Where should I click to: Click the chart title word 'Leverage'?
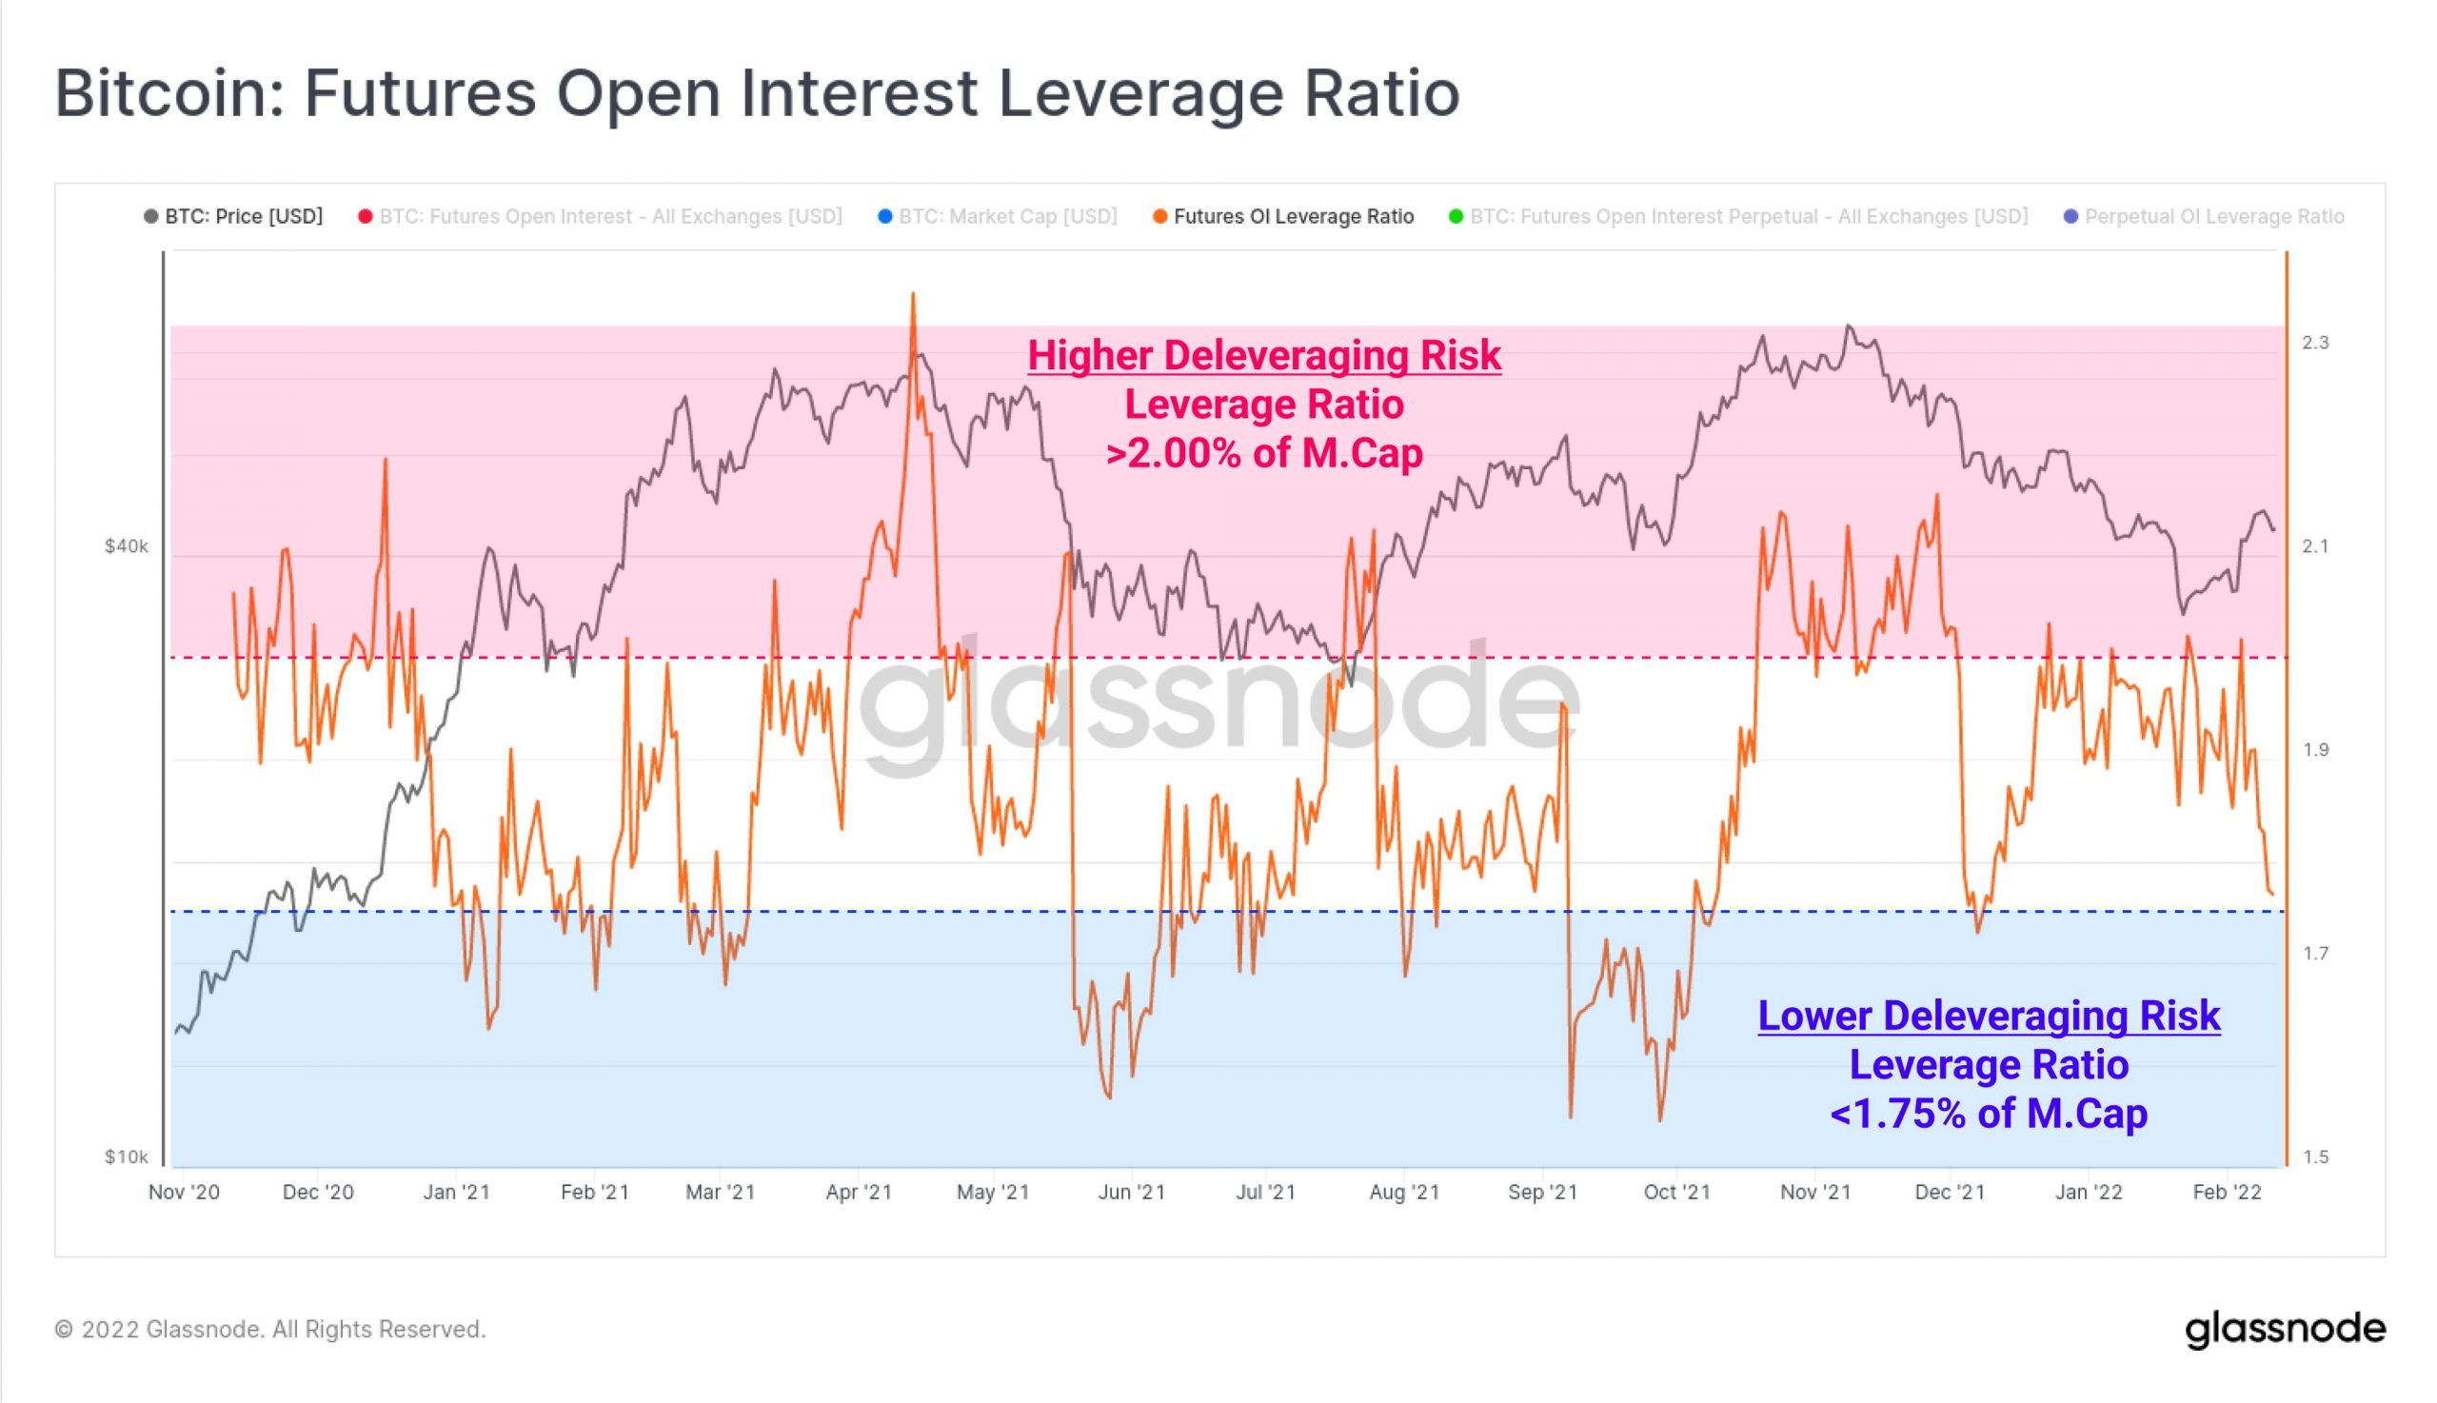point(1140,93)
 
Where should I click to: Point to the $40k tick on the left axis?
point(127,546)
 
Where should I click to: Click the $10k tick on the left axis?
point(127,1156)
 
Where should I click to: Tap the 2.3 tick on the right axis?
point(2315,343)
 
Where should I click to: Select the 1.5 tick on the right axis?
point(2315,1156)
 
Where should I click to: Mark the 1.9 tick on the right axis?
point(2315,750)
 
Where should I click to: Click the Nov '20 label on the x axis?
point(183,1192)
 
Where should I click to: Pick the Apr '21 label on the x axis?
point(858,1192)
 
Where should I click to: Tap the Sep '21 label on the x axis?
point(1542,1192)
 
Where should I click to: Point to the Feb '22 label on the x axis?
point(2226,1192)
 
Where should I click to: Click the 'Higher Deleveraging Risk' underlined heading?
point(1263,356)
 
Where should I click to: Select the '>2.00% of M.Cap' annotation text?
point(1263,453)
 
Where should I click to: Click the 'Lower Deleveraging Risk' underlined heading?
point(1988,1016)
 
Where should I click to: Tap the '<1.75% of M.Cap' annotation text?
point(1988,1114)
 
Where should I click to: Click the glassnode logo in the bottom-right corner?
point(2285,1330)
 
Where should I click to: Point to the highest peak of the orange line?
point(913,293)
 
